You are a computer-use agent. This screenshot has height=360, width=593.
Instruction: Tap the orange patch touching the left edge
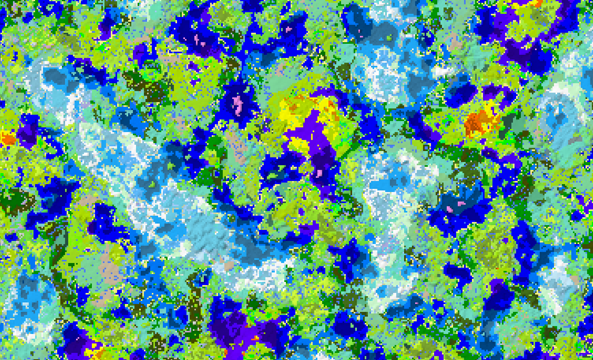(7, 138)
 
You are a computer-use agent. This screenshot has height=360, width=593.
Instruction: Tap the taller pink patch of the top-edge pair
(197, 39)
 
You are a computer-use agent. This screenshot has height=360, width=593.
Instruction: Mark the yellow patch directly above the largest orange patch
(489, 106)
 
